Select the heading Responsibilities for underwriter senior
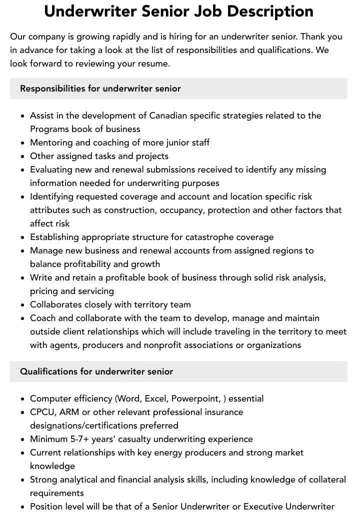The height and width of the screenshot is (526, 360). click(x=100, y=88)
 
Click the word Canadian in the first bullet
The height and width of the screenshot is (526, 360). click(x=168, y=115)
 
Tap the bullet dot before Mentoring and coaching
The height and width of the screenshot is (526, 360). click(x=23, y=143)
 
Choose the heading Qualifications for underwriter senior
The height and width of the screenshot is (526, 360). click(x=96, y=371)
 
